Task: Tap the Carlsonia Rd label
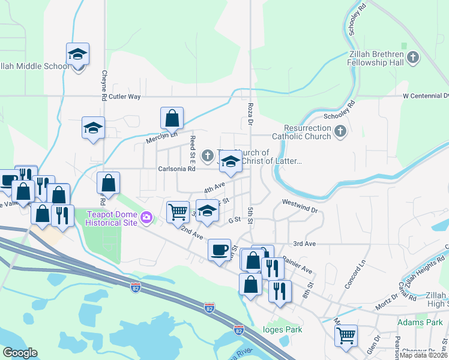176,169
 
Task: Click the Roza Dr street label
250,114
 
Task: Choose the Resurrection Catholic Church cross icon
340,131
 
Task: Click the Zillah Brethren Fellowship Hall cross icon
412,58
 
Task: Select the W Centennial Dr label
426,96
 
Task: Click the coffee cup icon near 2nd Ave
219,248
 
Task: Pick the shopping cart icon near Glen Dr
346,336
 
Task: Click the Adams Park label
420,323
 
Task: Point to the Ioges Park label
282,329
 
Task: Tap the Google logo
20,353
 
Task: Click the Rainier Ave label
298,264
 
